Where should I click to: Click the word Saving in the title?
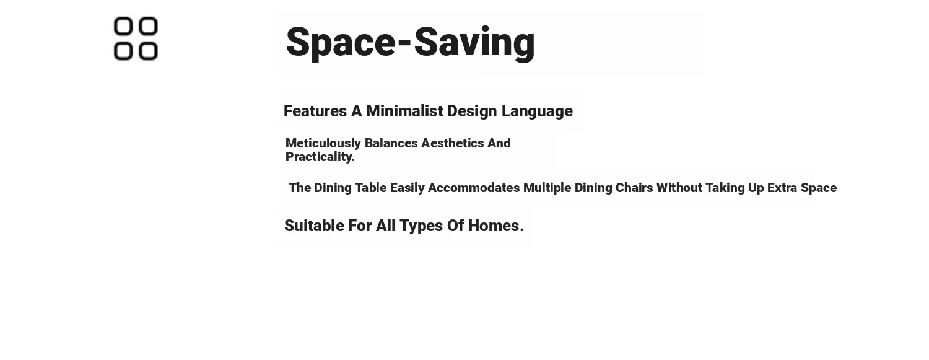474,43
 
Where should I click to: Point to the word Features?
315,111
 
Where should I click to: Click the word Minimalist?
405,111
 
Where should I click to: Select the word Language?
537,112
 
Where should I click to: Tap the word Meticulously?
323,144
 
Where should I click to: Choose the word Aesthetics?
453,143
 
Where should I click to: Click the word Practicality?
320,157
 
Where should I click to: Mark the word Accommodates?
474,188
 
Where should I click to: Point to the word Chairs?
634,188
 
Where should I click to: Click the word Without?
679,188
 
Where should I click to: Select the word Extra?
782,188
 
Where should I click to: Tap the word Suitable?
315,226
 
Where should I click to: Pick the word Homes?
496,226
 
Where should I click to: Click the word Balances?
391,143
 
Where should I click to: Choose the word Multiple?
547,188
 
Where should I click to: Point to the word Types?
421,226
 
